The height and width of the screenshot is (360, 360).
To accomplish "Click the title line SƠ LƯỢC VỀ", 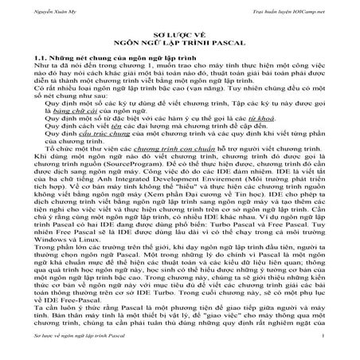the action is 179,37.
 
